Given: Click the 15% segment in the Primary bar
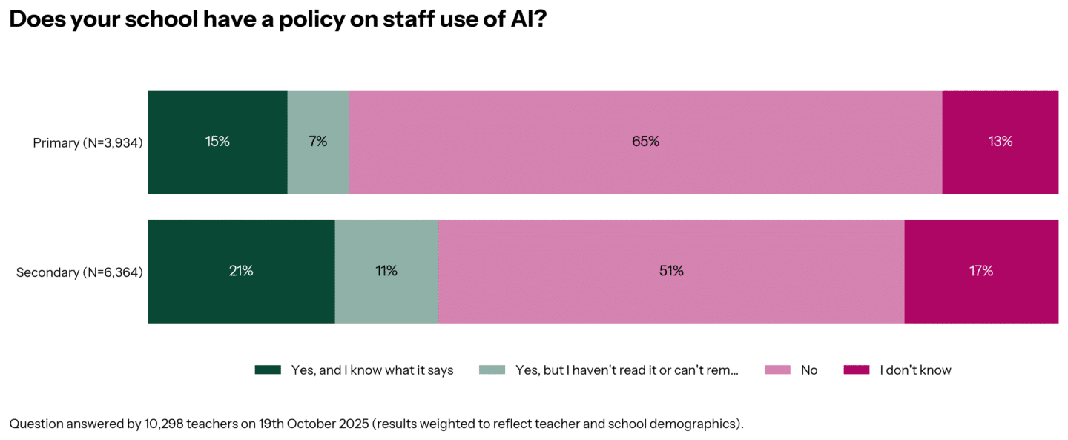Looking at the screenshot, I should (217, 142).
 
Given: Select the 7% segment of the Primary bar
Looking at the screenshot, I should (317, 142).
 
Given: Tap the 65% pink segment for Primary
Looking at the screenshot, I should (645, 142).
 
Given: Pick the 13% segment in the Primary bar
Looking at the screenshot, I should (1000, 142).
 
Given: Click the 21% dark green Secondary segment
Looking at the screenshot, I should (241, 272).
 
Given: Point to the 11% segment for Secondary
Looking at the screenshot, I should (386, 272).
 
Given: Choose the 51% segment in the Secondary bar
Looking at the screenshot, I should (671, 272).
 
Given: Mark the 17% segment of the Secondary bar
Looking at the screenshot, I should (980, 272).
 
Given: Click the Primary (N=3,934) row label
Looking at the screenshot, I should (88, 142).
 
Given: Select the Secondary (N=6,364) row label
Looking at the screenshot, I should (79, 272).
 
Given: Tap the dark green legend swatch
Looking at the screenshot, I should (268, 370).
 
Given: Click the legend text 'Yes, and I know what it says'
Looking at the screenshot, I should (372, 370).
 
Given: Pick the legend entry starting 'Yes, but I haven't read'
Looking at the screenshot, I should (627, 370).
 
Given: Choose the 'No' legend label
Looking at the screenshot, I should (808, 370).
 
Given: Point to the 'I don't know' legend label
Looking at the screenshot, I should (915, 370).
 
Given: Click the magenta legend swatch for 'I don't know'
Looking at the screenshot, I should (857, 370).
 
